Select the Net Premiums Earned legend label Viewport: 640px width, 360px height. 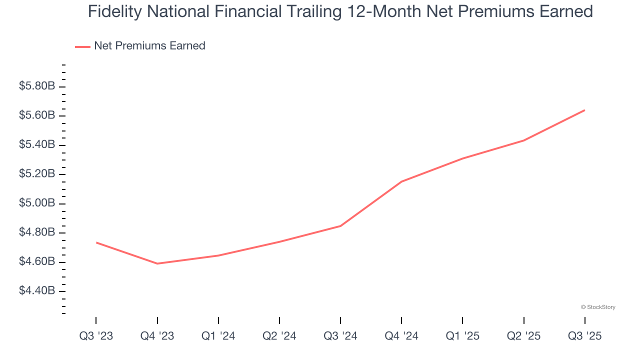point(149,46)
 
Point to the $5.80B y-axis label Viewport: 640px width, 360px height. point(37,86)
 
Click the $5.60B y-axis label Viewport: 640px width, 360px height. point(37,115)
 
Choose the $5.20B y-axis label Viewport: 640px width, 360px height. point(37,174)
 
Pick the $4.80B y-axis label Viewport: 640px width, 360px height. point(37,232)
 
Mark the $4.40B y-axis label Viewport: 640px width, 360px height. point(37,291)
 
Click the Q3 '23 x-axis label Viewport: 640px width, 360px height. point(96,336)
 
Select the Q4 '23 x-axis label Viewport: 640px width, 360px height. point(157,336)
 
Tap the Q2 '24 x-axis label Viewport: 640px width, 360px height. point(279,336)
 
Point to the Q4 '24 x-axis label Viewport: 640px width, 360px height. point(401,336)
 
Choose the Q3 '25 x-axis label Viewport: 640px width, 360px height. point(584,336)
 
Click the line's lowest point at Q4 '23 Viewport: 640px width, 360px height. point(157,263)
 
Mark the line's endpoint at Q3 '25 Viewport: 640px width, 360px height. point(584,110)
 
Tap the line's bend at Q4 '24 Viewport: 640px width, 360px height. point(401,181)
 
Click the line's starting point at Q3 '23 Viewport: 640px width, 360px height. point(96,242)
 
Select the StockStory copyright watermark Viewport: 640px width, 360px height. point(598,307)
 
